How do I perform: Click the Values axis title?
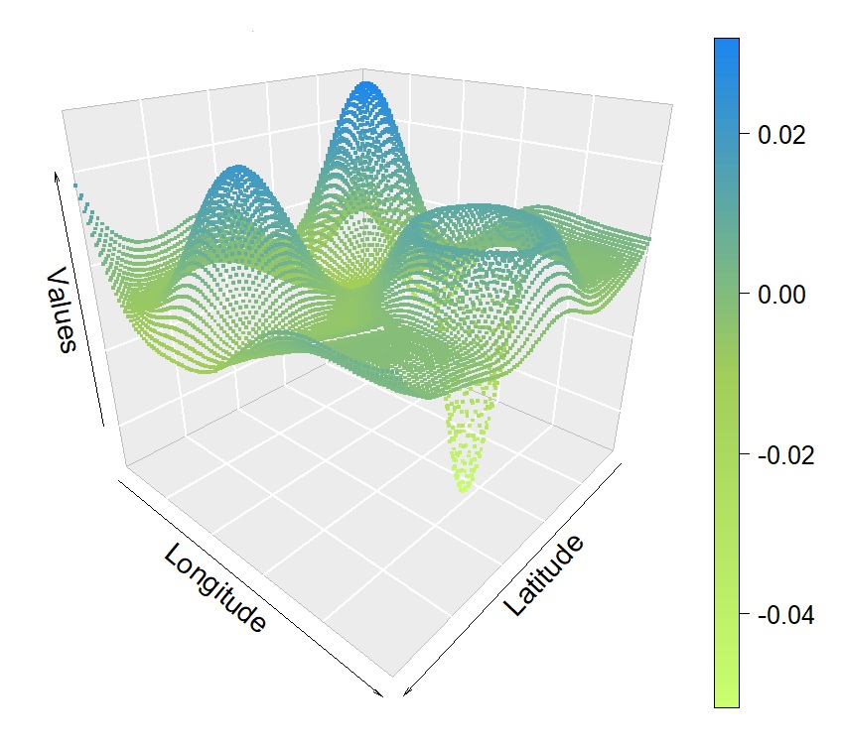62,309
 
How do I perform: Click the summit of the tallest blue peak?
367,86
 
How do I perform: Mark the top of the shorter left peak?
236,169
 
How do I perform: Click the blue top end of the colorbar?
726,42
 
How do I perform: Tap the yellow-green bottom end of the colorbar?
726,703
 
